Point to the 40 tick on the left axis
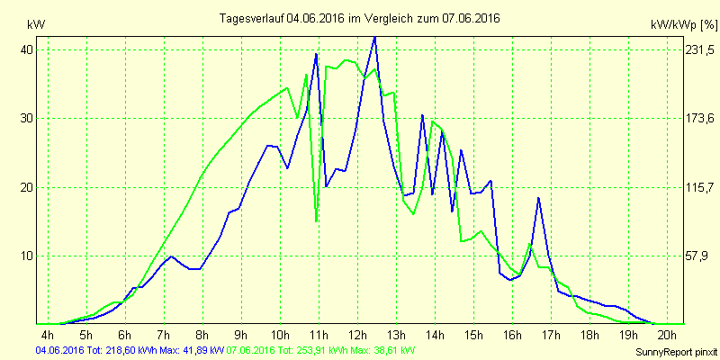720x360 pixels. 28,50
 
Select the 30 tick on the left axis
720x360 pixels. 28,119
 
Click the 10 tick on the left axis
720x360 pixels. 28,256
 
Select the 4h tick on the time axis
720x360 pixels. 48,335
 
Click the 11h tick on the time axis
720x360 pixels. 319,335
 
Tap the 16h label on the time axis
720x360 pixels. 512,335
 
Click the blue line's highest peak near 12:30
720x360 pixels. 374,38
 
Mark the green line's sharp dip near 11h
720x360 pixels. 316,220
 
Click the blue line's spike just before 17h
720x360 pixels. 538,198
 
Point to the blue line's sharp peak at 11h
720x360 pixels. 316,55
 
